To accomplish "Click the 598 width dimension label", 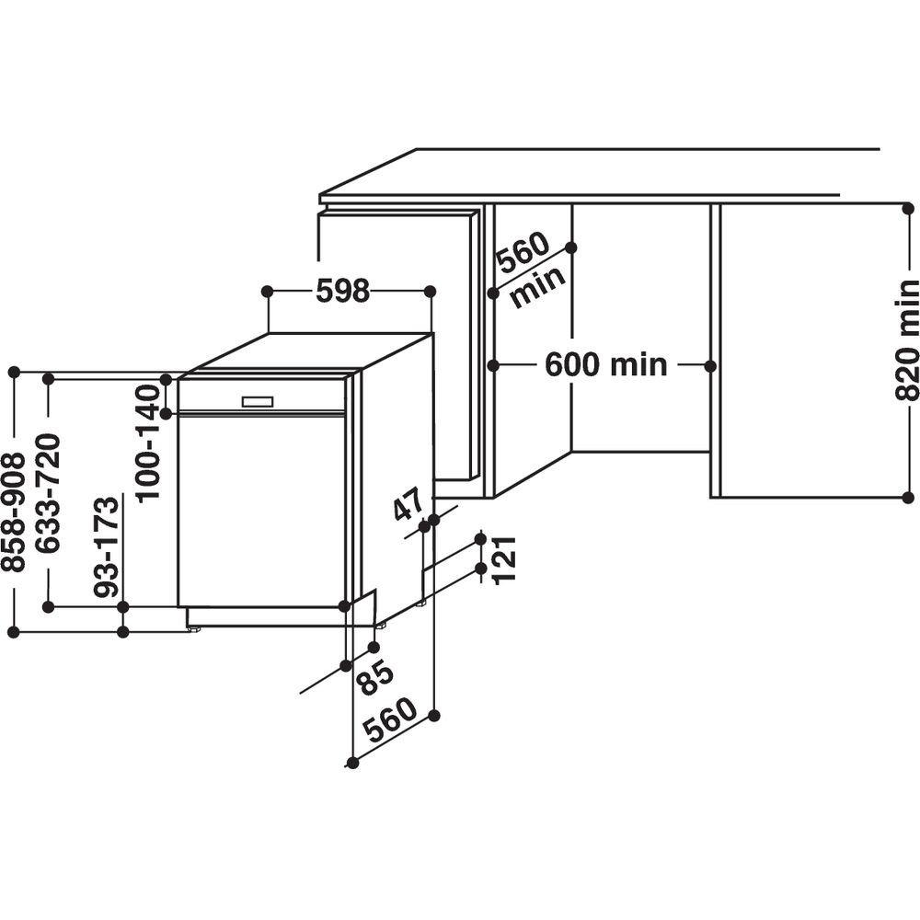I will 342,291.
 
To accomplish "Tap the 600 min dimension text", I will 605,365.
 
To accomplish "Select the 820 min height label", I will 906,340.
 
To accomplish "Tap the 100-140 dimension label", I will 147,442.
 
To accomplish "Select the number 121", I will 504,558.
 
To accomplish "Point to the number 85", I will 375,677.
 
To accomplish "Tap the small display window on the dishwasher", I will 257,402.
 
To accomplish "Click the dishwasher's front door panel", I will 261,511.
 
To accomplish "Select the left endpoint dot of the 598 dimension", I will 267,291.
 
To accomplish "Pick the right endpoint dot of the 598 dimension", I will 431,291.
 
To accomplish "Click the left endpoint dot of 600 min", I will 493,365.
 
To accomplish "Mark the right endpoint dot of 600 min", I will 710,365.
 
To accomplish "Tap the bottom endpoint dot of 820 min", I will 906,497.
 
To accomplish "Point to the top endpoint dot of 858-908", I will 14,373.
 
